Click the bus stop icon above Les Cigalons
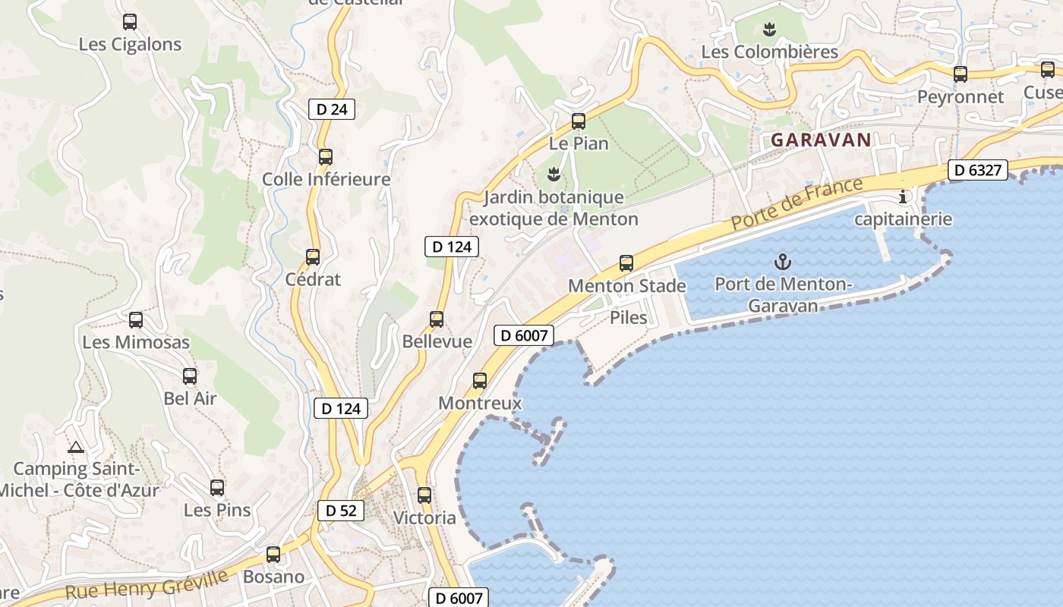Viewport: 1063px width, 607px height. point(130,22)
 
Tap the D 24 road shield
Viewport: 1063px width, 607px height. point(332,109)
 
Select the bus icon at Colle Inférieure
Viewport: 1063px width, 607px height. point(326,157)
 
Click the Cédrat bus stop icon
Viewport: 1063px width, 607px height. point(313,257)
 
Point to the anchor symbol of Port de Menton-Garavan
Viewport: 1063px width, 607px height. point(782,263)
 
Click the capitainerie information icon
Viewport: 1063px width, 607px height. point(903,197)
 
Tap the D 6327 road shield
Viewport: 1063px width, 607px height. point(977,171)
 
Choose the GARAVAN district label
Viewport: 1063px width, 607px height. point(821,140)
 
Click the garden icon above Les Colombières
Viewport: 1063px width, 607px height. point(770,30)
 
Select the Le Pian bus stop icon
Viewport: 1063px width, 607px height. point(579,121)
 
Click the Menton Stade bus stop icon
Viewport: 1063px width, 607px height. point(626,263)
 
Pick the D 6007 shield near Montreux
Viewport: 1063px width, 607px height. point(524,335)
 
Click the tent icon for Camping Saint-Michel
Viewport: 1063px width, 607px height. point(75,447)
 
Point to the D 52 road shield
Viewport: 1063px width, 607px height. point(340,511)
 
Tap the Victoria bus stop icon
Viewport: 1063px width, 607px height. point(424,495)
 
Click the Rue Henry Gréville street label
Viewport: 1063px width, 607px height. point(147,584)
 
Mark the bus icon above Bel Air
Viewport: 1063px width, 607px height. point(190,376)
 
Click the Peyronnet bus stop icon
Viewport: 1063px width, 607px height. point(960,74)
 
